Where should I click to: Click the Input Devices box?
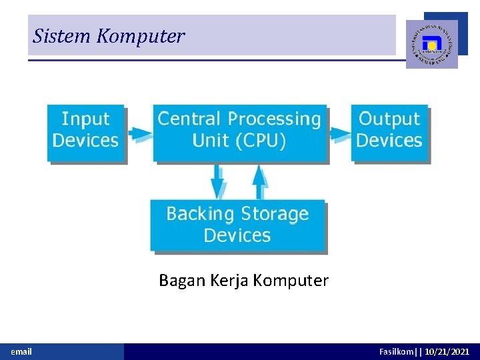(85, 132)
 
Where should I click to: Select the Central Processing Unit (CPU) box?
(239, 132)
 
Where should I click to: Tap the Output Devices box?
(389, 132)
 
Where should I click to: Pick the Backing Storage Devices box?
(237, 225)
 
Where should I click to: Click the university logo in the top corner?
(431, 44)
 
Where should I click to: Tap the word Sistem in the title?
(62, 36)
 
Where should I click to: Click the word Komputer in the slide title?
(140, 36)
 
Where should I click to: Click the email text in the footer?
(21, 351)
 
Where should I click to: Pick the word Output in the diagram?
(389, 119)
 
